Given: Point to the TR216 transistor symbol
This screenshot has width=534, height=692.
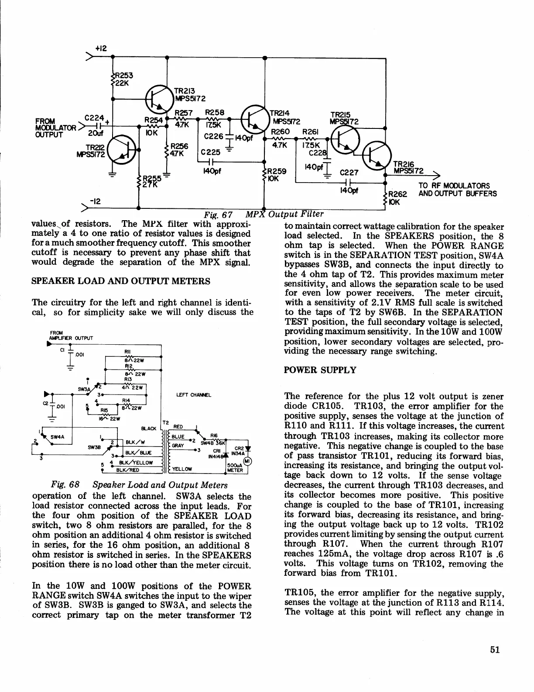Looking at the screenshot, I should (x=375, y=156).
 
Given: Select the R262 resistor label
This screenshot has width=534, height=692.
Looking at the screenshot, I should (x=397, y=195).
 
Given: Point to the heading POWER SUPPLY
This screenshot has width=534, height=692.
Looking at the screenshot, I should (x=320, y=370).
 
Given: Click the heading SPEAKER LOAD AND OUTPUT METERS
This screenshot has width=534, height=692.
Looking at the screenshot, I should (x=121, y=281).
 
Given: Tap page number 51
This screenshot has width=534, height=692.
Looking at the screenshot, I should (x=494, y=649).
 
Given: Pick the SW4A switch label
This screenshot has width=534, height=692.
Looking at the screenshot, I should (x=58, y=436).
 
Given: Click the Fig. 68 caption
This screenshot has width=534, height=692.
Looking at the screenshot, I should (x=139, y=485).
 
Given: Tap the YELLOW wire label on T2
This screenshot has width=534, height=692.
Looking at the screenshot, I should (x=182, y=469).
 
